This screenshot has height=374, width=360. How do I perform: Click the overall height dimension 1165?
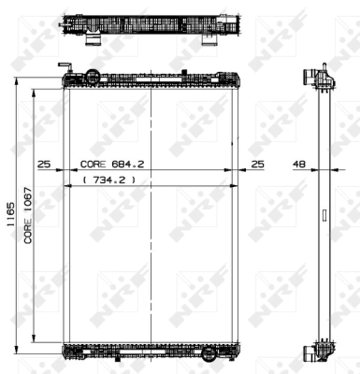coord(10,216)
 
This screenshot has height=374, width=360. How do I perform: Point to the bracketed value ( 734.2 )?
coord(110,178)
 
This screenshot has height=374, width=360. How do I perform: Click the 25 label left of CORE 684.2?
coord(43,164)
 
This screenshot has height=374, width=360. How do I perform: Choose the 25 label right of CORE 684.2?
coord(257,164)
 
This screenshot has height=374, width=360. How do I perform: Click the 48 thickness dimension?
coord(300,164)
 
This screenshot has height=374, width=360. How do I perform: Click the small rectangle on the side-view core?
coord(324,214)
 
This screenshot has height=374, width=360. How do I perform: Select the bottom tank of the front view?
coord(151,352)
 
